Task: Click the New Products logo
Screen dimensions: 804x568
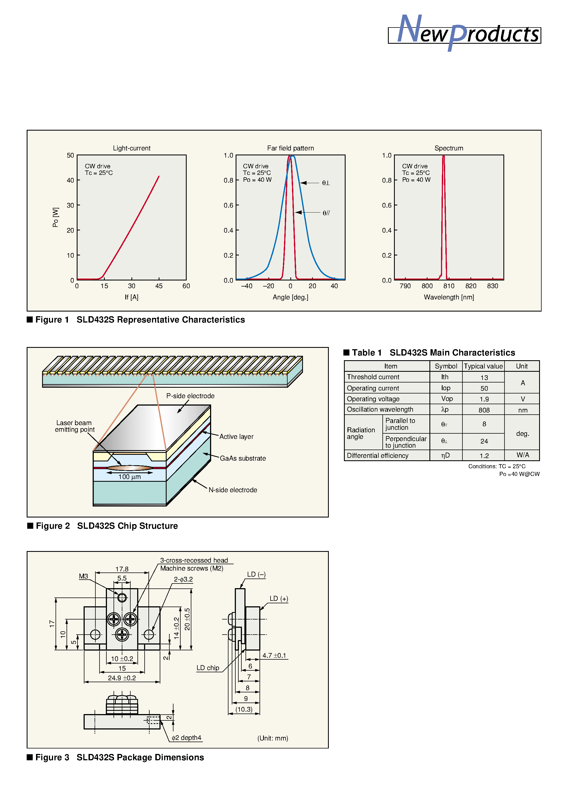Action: point(464,33)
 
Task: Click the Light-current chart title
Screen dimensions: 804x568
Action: point(131,148)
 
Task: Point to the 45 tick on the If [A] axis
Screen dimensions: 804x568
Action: point(159,286)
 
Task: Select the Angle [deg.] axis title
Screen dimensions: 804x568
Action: point(290,297)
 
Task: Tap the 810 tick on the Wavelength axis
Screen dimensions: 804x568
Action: point(449,286)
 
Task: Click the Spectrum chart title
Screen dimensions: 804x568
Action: point(449,148)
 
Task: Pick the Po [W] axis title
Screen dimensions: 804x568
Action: point(55,217)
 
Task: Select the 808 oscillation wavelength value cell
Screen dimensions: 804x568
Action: point(484,410)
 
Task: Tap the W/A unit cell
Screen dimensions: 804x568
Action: point(522,455)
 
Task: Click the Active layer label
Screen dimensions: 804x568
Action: point(236,437)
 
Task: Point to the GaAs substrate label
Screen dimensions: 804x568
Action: point(243,458)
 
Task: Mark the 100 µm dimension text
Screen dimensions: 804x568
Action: point(129,477)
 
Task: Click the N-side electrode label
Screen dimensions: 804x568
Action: point(233,490)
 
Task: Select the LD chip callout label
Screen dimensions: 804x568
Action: point(208,668)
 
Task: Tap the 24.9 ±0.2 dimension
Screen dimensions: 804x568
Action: point(122,678)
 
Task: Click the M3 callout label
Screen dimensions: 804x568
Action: point(83,576)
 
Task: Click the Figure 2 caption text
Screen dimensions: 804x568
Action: point(107,526)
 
